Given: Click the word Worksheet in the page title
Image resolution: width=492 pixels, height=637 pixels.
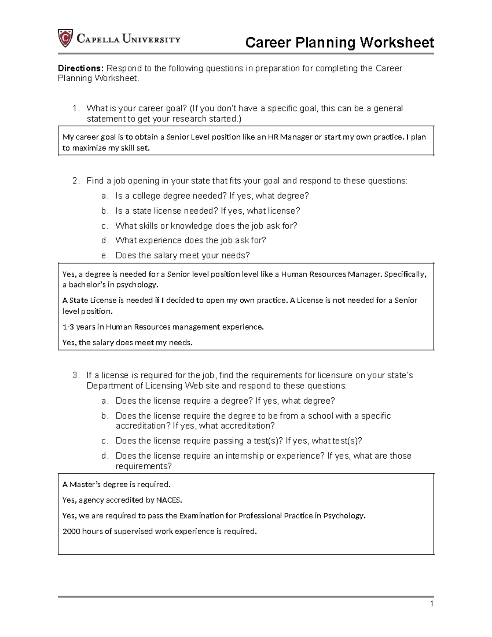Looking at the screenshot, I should [x=397, y=43].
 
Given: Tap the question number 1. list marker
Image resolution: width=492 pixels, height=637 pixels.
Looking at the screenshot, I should [x=75, y=108].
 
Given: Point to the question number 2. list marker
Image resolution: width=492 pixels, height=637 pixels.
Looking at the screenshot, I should [x=75, y=181].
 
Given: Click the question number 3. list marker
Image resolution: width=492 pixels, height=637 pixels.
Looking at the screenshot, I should [x=75, y=375].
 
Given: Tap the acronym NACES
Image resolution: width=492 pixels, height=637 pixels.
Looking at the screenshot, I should [x=168, y=500].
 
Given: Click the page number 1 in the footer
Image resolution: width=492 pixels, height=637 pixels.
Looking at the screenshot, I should [x=432, y=604].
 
